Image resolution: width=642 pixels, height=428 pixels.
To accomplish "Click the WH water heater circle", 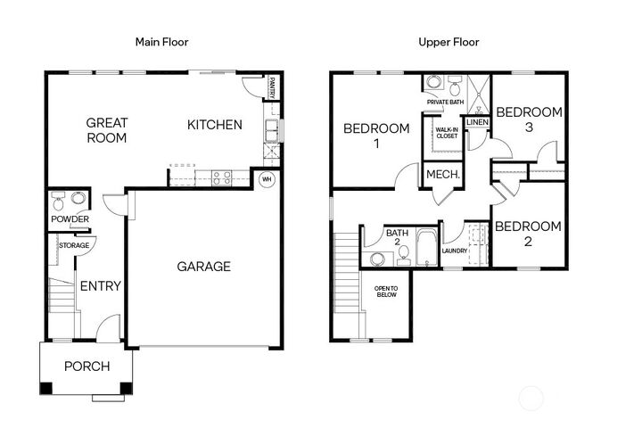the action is [267, 179].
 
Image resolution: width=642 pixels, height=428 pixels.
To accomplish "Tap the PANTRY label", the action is [271, 87].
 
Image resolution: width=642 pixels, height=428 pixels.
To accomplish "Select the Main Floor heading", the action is [161, 42].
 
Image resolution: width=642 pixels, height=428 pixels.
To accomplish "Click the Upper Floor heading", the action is [449, 42].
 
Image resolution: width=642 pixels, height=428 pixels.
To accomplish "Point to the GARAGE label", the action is [203, 267].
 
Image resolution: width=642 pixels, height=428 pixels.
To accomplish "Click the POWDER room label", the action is [70, 219].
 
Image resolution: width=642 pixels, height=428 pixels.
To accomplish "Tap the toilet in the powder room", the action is [58, 202].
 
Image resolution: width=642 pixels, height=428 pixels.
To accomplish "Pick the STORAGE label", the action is [74, 245].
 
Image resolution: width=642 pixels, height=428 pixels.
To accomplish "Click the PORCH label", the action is [86, 366].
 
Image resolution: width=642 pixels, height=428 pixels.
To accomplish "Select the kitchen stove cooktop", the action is [221, 178].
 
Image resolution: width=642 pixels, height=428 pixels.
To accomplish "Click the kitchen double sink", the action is [271, 130].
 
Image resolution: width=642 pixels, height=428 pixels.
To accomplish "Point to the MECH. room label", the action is [443, 175].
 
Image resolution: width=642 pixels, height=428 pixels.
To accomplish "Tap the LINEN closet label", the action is [477, 122].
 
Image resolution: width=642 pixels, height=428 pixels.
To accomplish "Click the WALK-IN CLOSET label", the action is [447, 133].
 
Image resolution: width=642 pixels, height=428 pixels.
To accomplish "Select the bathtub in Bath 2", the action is [426, 247].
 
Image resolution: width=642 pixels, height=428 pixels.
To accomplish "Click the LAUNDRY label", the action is [455, 251].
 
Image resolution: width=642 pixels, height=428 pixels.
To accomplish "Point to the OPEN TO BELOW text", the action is [386, 292].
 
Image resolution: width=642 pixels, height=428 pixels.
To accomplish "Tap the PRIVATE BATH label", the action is [446, 102].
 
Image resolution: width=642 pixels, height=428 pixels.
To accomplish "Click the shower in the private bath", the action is [478, 95].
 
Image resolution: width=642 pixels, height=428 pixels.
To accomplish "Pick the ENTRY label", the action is [101, 286].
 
